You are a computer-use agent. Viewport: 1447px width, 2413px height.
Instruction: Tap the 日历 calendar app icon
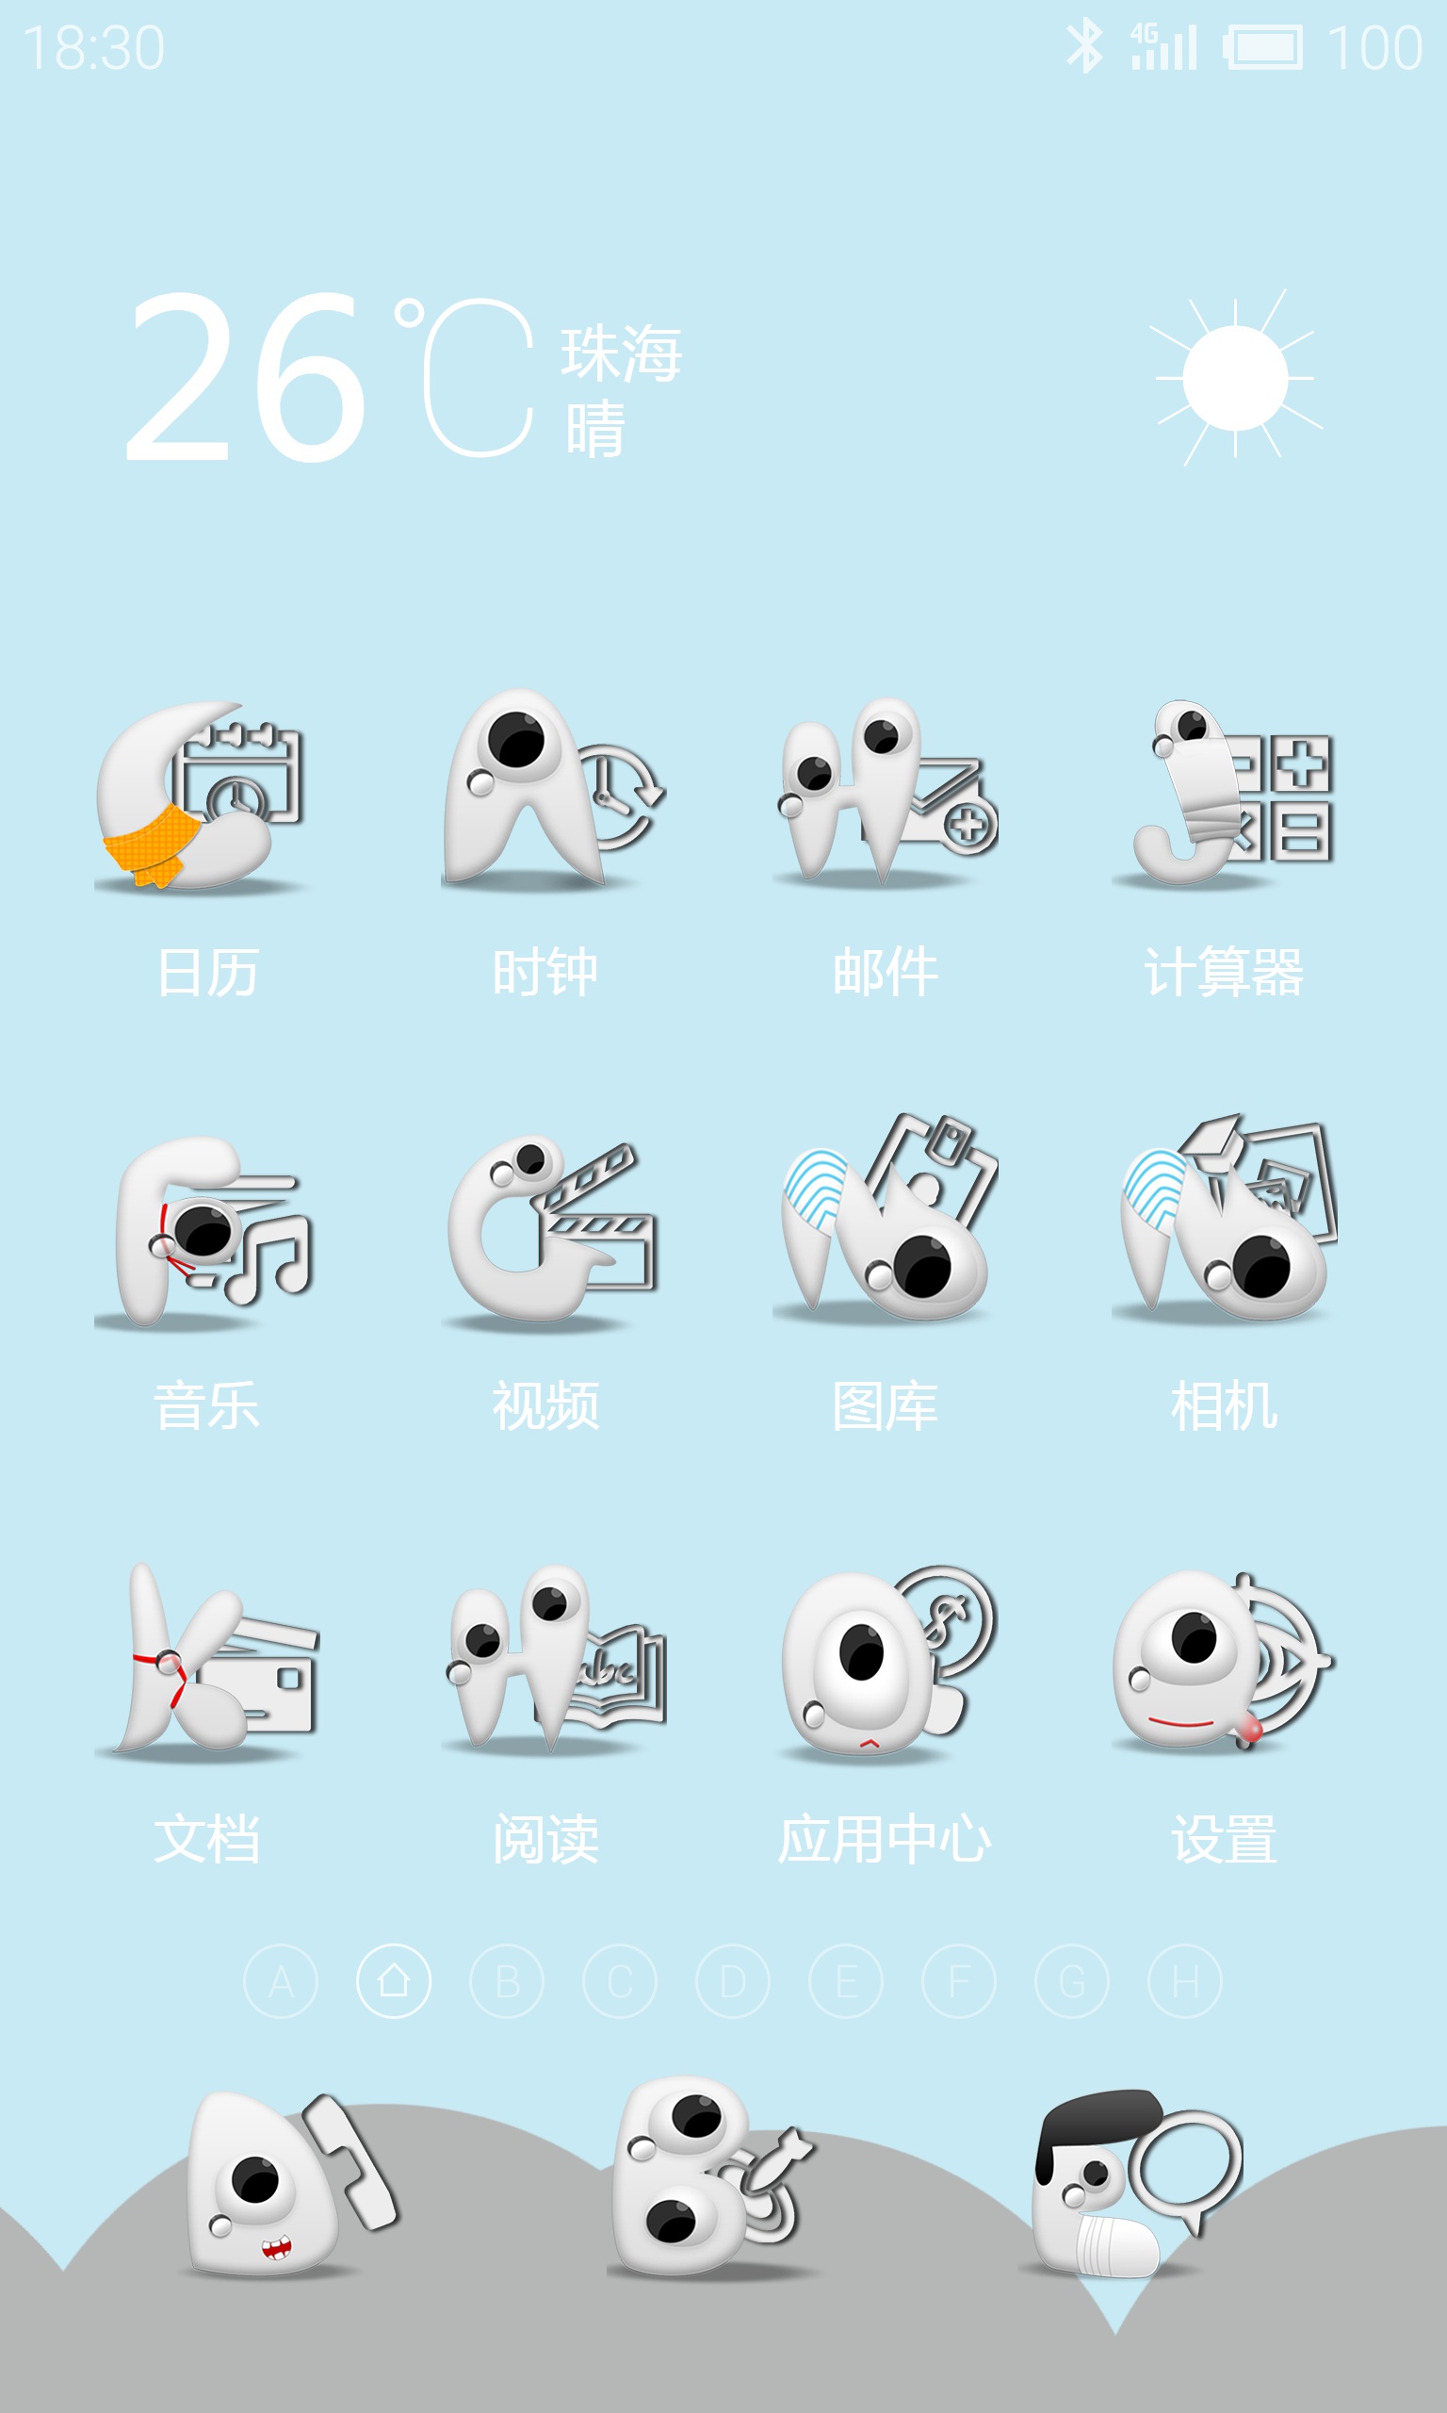[x=201, y=795]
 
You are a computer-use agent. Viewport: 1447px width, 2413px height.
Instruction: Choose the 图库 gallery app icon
[x=886, y=1219]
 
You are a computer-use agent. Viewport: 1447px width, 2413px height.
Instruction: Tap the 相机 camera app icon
[x=1225, y=1219]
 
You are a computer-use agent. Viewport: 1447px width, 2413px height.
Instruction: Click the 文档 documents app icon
[x=206, y=1662]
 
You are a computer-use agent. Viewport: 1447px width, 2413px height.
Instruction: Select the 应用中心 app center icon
[x=887, y=1664]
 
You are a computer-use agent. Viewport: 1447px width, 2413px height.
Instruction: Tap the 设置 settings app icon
[x=1225, y=1662]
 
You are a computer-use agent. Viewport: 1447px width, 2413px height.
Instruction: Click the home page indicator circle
[x=394, y=1981]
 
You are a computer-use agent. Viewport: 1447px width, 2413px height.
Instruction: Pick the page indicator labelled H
[x=1185, y=1981]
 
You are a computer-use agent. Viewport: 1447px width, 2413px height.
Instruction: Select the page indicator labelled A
[x=281, y=1981]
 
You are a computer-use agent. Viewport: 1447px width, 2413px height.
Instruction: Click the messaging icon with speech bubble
[x=1131, y=2185]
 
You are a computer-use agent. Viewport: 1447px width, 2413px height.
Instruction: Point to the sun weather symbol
[x=1235, y=377]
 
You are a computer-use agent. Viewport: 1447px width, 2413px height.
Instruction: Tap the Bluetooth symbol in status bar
[x=1084, y=46]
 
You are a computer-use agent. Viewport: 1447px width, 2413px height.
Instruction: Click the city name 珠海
[x=621, y=353]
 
